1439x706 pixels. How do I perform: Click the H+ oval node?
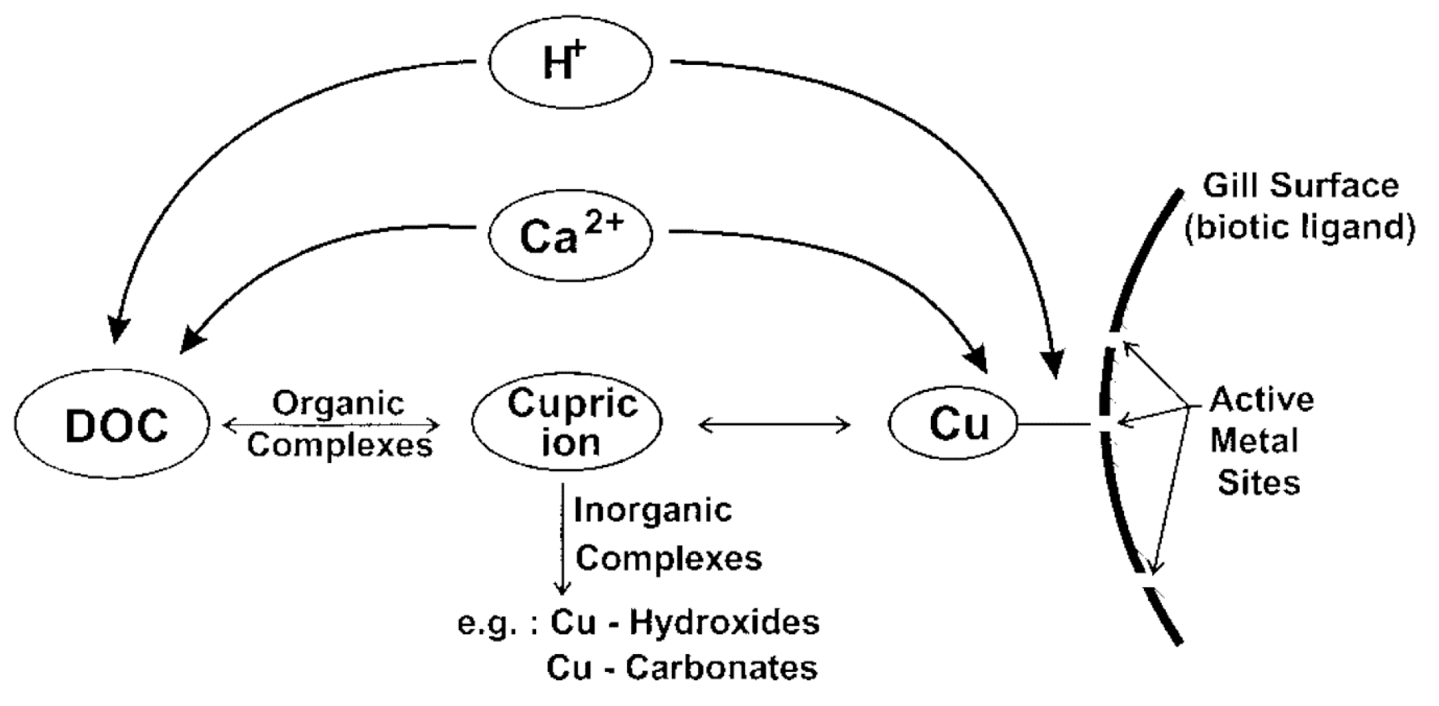[571, 62]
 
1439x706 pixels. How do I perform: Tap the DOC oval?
[113, 425]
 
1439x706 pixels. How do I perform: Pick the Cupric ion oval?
[567, 422]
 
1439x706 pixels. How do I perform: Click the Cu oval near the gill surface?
[953, 424]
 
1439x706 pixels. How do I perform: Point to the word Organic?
[339, 403]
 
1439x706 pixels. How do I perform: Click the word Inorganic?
[653, 510]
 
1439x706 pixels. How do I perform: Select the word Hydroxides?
[725, 622]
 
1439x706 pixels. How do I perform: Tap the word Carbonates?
[721, 668]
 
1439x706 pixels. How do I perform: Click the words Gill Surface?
[1300, 186]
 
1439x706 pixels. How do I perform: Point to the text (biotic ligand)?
[1300, 227]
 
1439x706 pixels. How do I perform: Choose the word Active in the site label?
[1262, 399]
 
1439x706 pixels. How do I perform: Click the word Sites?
[1259, 483]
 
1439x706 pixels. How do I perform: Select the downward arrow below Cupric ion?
[562, 539]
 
